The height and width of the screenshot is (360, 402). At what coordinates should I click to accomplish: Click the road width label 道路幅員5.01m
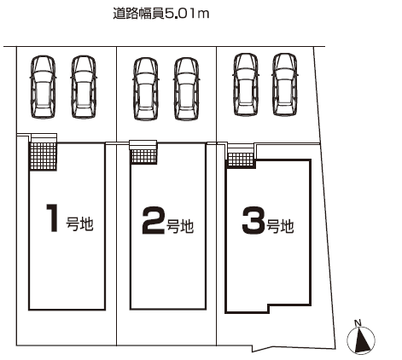pyautogui.click(x=161, y=14)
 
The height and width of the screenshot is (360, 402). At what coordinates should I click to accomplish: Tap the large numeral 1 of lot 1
pyautogui.click(x=53, y=218)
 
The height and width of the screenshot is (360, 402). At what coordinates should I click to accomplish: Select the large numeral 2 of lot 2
pyautogui.click(x=154, y=220)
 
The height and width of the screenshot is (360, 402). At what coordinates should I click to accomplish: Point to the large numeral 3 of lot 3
pyautogui.click(x=253, y=220)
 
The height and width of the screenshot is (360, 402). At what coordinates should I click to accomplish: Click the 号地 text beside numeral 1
pyautogui.click(x=79, y=224)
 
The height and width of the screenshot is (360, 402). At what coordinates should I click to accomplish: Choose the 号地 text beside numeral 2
pyautogui.click(x=180, y=227)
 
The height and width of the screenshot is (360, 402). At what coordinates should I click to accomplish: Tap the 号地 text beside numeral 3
pyautogui.click(x=280, y=227)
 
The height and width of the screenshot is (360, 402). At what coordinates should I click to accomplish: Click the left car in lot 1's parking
pyautogui.click(x=43, y=87)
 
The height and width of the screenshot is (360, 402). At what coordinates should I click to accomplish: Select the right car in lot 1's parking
pyautogui.click(x=84, y=87)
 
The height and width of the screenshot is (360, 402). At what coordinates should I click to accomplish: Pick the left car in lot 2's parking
pyautogui.click(x=145, y=89)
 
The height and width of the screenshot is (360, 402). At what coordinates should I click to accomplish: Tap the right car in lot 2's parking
pyautogui.click(x=186, y=89)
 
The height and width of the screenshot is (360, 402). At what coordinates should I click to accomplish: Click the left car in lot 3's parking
pyautogui.click(x=246, y=84)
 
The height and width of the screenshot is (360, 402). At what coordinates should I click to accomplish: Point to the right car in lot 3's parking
pyautogui.click(x=285, y=84)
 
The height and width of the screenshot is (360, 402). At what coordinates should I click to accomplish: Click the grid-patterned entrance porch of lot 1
pyautogui.click(x=44, y=156)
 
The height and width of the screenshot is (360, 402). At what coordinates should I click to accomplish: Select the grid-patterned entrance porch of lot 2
pyautogui.click(x=144, y=156)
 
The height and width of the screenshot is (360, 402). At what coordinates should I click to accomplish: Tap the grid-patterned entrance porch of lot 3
pyautogui.click(x=241, y=160)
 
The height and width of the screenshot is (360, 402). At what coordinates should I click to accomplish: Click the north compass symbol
pyautogui.click(x=361, y=340)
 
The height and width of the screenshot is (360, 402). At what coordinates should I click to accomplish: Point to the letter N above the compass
pyautogui.click(x=358, y=322)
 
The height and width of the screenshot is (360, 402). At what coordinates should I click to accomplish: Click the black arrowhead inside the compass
pyautogui.click(x=363, y=340)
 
